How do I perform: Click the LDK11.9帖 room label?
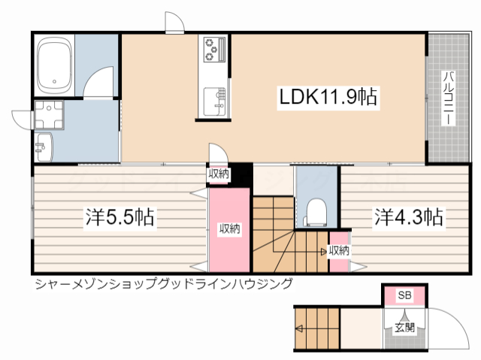tap(328, 97)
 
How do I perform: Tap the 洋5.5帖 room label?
tap(119, 218)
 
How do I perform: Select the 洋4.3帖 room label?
tap(408, 218)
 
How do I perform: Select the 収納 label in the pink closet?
tap(229, 228)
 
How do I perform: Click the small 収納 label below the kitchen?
tap(219, 174)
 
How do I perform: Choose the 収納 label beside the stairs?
tap(339, 250)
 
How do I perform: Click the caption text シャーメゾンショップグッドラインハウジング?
tap(162, 283)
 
